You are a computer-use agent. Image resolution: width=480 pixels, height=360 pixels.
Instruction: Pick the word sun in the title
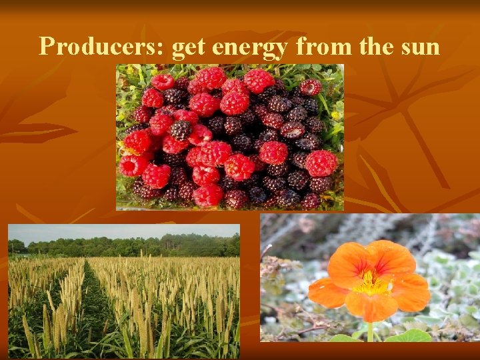coord(421,47)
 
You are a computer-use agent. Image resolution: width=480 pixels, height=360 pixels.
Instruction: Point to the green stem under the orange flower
coord(370,331)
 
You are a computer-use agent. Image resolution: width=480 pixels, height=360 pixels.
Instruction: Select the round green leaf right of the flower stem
coord(409,335)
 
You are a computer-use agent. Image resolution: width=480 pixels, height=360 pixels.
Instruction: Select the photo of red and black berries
coord(230,137)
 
